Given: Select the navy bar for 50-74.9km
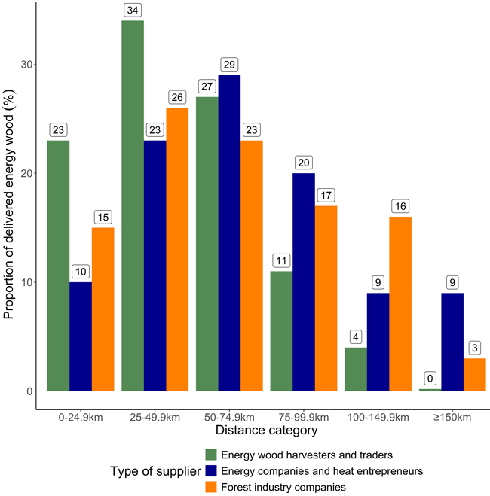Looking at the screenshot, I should tap(230, 233).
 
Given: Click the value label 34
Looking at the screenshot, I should tap(133, 10).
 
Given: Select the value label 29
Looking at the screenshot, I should tap(230, 65).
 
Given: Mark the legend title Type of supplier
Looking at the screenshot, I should tap(152, 470).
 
